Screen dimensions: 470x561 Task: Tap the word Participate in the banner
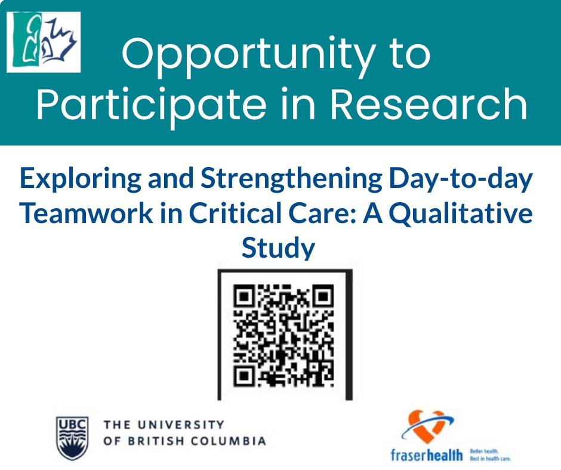tap(150, 105)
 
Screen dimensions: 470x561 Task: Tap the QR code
tap(283, 335)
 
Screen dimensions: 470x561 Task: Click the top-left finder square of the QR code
tap(244, 296)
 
